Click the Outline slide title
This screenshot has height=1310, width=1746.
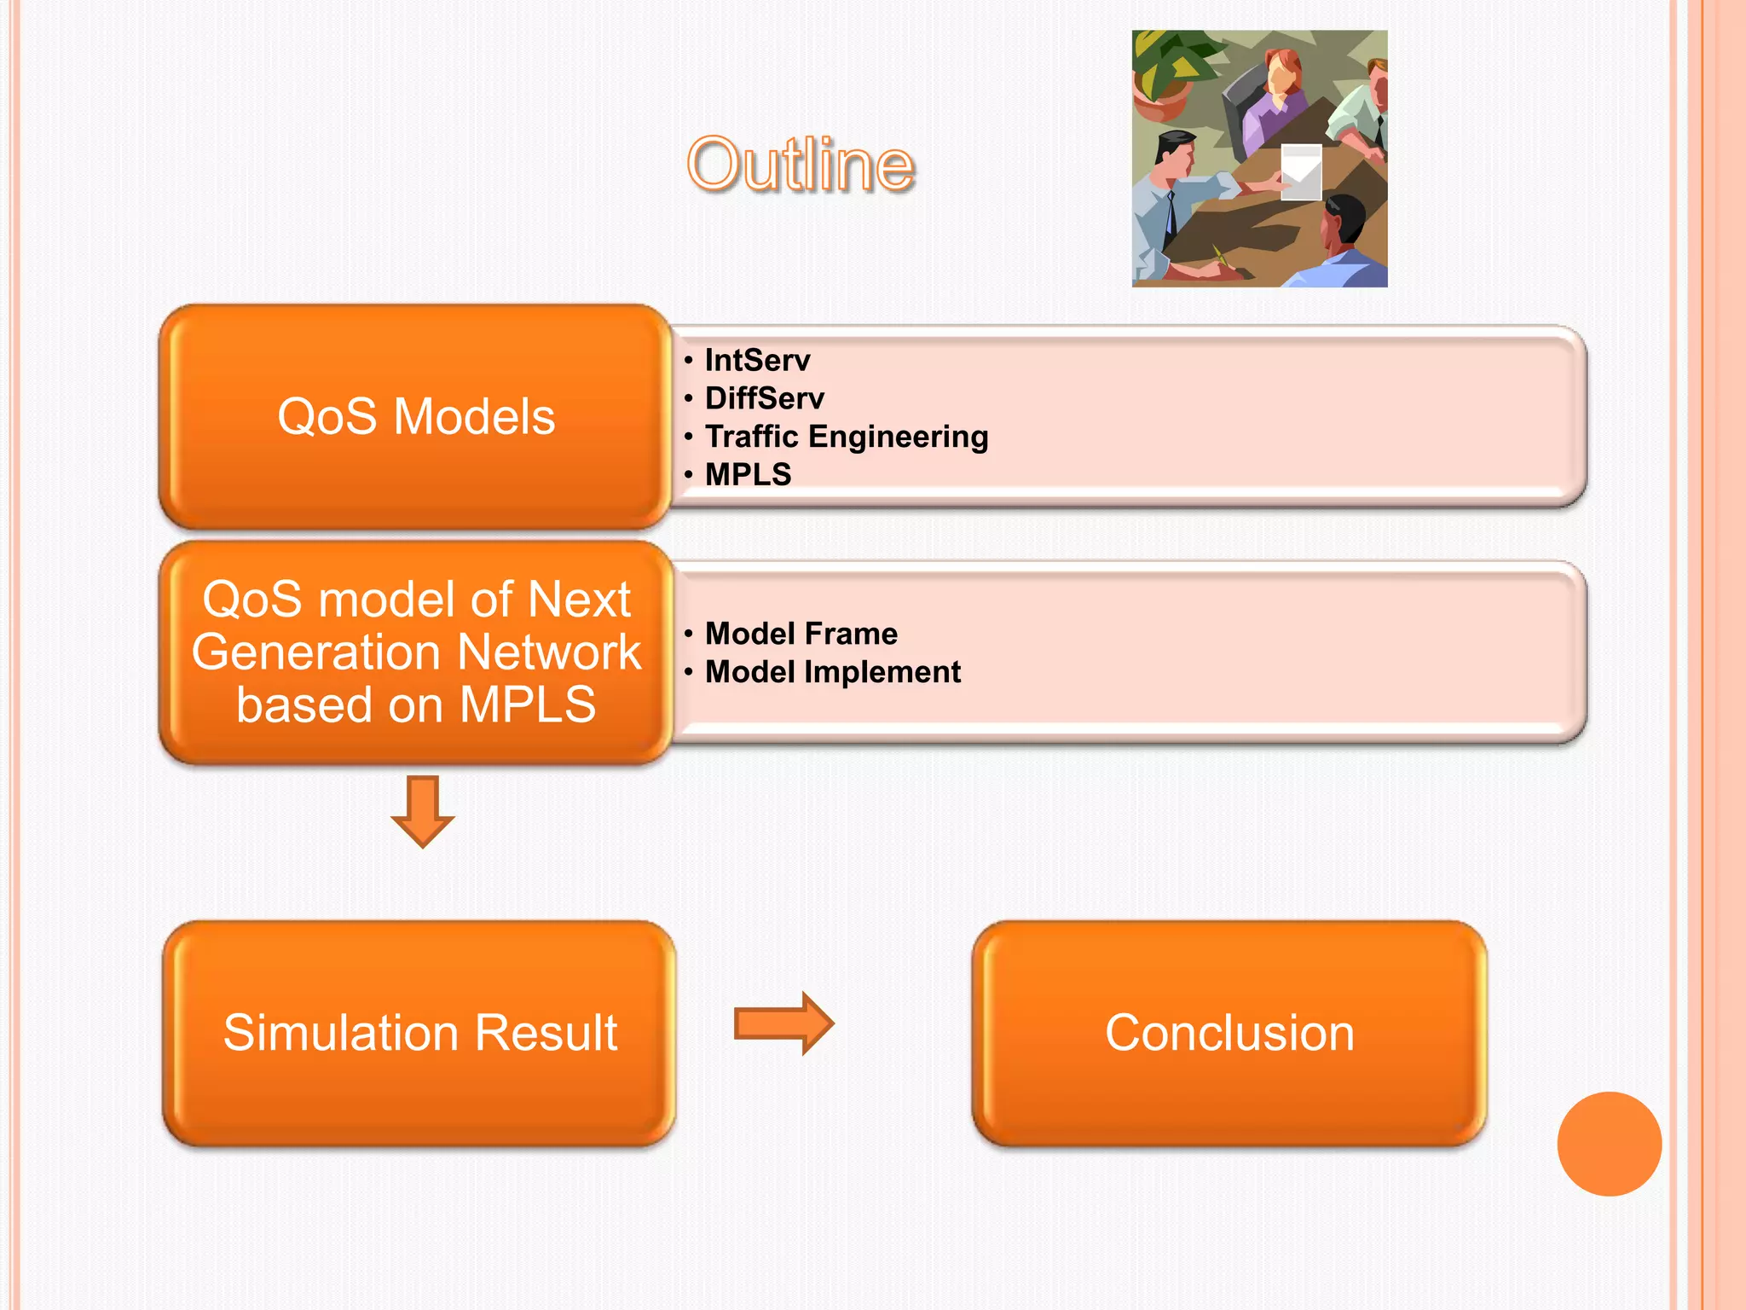tap(801, 164)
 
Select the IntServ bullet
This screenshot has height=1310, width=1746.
tap(757, 360)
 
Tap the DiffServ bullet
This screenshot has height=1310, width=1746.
tap(764, 398)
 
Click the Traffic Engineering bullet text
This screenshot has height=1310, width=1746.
tap(846, 437)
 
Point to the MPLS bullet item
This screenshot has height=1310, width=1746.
tap(748, 474)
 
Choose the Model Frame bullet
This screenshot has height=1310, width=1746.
tap(801, 634)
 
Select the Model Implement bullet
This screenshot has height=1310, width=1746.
tap(832, 672)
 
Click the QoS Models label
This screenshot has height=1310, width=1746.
tap(416, 416)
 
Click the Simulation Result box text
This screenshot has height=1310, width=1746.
tap(419, 1033)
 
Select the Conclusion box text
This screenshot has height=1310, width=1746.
tap(1229, 1033)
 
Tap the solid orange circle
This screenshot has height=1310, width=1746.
tap(1609, 1144)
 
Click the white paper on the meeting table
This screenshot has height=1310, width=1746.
tap(1301, 171)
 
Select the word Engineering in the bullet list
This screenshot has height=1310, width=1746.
tap(898, 437)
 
